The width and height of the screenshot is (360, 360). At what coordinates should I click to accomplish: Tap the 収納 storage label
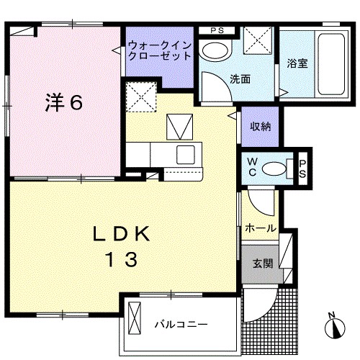pyautogui.click(x=261, y=127)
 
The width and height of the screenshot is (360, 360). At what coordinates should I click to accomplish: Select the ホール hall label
pyautogui.click(x=261, y=228)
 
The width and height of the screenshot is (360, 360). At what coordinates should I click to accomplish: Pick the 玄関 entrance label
pyautogui.click(x=262, y=264)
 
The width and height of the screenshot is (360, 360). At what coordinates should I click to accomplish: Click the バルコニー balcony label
pyautogui.click(x=181, y=323)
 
